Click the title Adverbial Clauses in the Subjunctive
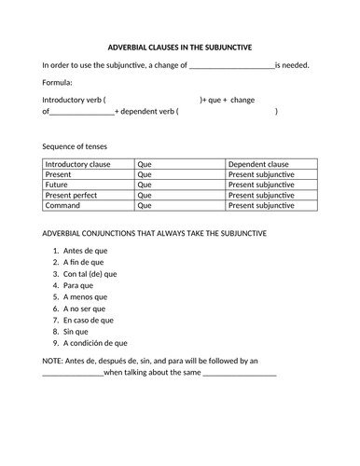click(x=179, y=47)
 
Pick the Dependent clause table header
click(x=260, y=164)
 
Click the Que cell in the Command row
click(x=145, y=208)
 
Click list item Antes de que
click(x=87, y=252)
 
